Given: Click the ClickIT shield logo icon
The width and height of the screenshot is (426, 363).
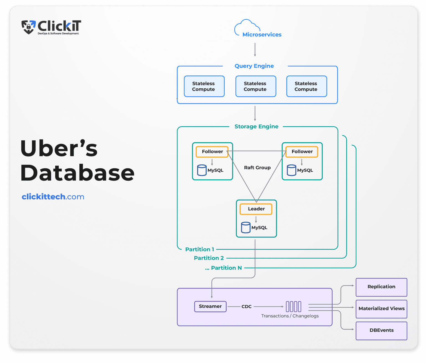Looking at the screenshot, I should pos(28,27).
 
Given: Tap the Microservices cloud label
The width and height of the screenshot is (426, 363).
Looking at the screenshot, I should pos(262,35).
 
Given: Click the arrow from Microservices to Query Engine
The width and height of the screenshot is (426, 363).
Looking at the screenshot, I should pos(255,50).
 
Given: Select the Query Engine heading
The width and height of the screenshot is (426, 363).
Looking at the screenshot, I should pos(254,66).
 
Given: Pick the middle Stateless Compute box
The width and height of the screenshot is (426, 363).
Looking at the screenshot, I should pos(255,86).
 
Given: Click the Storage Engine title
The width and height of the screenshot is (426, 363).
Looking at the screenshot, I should pos(256,127).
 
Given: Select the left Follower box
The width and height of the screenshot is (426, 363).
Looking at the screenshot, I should pos(212,152).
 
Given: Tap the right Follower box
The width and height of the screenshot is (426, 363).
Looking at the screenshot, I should pos(302,152).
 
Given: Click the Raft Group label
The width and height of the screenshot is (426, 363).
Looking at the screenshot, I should pos(257,168).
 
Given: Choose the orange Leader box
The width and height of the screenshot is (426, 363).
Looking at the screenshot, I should pos(256,209).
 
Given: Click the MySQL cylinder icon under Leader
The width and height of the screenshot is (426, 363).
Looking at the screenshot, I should pos(246,228).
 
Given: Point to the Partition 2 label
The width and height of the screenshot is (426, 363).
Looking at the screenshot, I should pos(209,258).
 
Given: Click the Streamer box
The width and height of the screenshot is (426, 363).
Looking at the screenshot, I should pos(210,307).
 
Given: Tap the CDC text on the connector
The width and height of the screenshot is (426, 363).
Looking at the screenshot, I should pos(246,307).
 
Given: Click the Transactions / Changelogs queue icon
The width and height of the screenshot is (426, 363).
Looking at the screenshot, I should pos(293,307).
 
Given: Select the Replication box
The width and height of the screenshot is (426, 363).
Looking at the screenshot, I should pos(381,287).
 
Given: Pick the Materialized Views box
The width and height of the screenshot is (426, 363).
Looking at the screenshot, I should pos(381,309).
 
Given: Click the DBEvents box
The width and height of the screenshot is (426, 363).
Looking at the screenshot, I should pos(381,330).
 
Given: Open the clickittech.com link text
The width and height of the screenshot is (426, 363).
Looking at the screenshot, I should pos(53,197).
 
